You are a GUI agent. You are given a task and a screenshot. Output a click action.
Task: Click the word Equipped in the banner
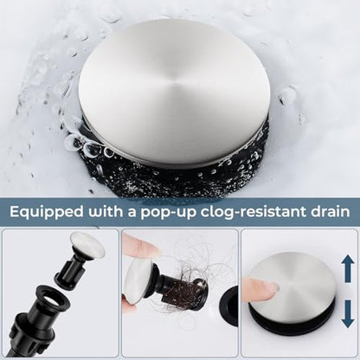pyautogui.click(x=47, y=212)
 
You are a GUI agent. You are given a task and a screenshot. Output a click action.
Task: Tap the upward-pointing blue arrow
pyautogui.click(x=348, y=268)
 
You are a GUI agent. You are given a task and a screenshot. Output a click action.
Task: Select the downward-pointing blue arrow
pyautogui.click(x=348, y=314)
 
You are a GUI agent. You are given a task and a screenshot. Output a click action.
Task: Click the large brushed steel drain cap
pyautogui.click(x=174, y=92)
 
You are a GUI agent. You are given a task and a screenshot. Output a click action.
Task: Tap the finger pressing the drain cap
pyautogui.click(x=257, y=289)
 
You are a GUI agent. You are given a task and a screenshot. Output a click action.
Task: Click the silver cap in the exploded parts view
pyautogui.click(x=87, y=243)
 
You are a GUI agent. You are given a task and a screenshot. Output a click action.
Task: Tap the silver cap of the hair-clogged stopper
pyautogui.click(x=138, y=281)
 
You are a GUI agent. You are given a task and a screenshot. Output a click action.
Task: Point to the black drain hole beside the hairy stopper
pyautogui.click(x=228, y=306)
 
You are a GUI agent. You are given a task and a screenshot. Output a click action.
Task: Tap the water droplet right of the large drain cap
pyautogui.click(x=288, y=96)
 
